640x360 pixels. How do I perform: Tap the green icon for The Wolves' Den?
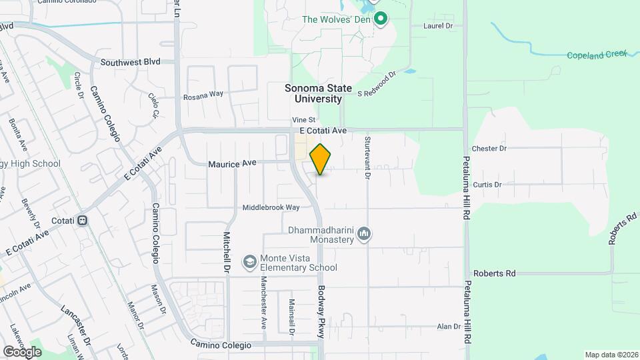(381, 19)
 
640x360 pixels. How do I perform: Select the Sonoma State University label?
(319, 93)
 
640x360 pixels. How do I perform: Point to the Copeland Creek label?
(597, 55)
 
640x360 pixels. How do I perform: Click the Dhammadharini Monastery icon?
(364, 234)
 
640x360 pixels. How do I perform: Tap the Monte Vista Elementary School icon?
(249, 261)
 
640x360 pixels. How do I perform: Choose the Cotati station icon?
(83, 221)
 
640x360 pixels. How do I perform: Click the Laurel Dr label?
(438, 26)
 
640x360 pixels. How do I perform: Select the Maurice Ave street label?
(232, 163)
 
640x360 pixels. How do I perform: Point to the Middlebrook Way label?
(271, 207)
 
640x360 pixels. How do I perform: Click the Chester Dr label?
(489, 148)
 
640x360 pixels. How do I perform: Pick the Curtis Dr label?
(487, 185)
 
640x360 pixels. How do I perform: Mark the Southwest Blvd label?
(131, 62)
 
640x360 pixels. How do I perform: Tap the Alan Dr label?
(448, 327)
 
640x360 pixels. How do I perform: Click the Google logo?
(22, 351)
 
